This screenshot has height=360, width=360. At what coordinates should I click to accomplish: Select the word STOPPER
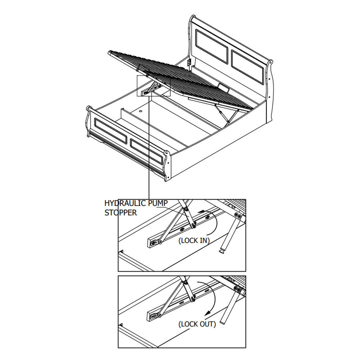click(121, 213)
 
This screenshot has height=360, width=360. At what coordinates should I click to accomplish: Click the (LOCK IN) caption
click(194, 241)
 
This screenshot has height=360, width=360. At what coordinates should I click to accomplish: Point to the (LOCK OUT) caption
click(197, 324)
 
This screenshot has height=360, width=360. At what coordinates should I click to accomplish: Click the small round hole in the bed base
click(140, 111)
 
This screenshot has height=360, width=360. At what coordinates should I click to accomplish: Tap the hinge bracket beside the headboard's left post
click(189, 62)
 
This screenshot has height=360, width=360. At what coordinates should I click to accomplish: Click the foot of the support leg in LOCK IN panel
click(222, 252)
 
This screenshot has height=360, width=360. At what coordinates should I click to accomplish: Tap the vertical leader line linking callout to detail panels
click(149, 147)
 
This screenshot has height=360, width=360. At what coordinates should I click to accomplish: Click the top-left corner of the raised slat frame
click(108, 53)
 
